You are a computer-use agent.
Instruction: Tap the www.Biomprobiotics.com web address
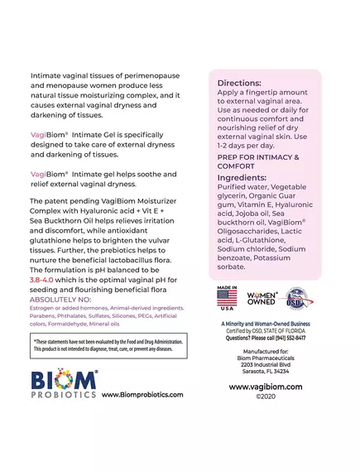coord(142,395)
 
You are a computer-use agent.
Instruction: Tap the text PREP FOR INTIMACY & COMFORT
coord(257,161)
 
